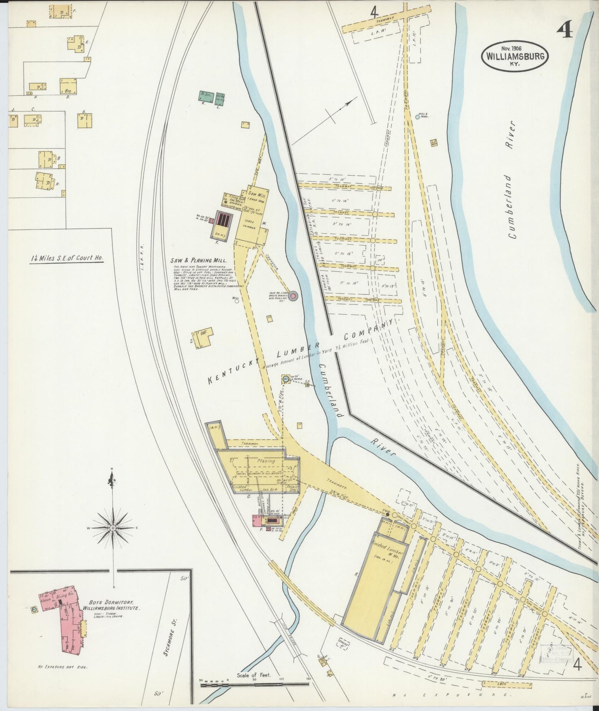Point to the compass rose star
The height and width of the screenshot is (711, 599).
(x=113, y=528)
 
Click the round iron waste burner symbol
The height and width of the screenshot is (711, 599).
(x=293, y=296)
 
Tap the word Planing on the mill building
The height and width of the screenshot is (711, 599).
(x=266, y=461)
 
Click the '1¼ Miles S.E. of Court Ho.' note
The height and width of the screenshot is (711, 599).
(x=68, y=258)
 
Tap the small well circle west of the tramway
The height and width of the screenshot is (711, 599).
(x=237, y=302)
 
